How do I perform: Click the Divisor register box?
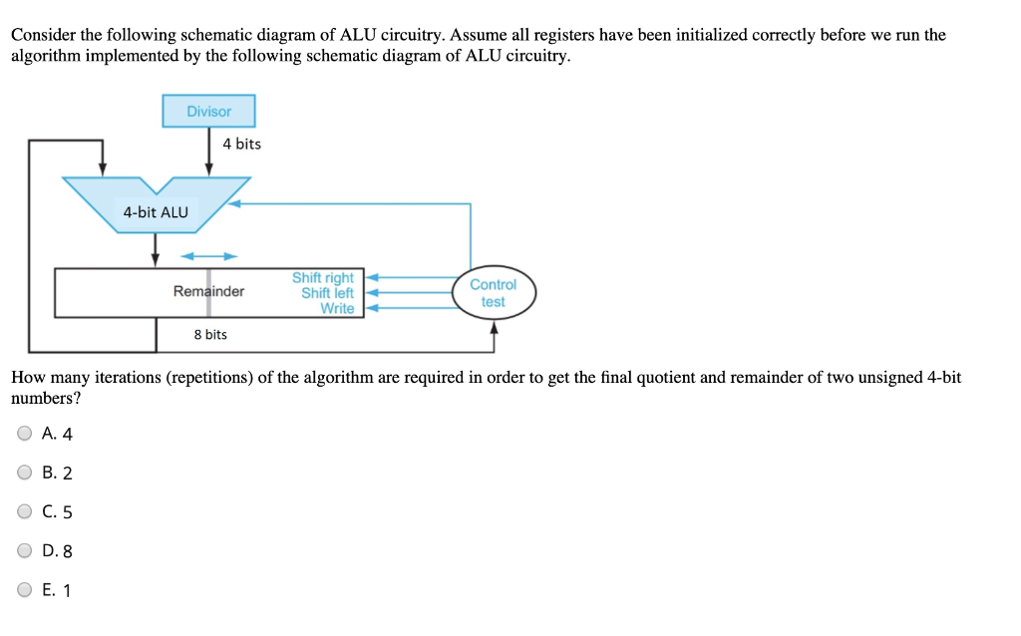208,111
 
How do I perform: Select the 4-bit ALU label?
156,211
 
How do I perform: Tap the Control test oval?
493,293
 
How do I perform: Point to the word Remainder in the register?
208,291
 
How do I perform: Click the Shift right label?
322,278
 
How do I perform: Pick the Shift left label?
327,293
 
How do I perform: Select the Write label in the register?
337,308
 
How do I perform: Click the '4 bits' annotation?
241,144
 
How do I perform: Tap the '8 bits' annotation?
210,335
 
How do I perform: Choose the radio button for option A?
24,434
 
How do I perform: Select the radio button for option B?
24,473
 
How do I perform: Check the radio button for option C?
24,511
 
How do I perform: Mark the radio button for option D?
24,550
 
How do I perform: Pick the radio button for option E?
24,589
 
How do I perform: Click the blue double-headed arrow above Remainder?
208,256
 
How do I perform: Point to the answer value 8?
68,551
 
